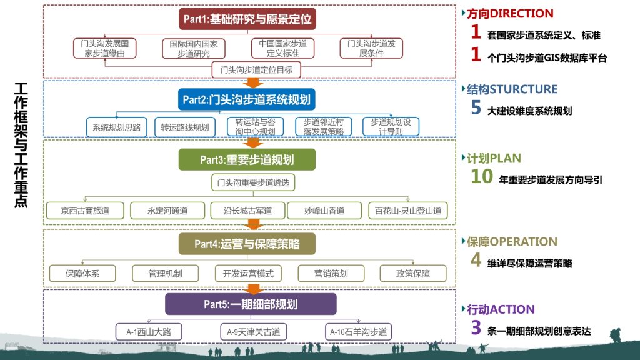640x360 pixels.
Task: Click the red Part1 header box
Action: click(247, 19)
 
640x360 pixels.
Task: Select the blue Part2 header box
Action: click(246, 99)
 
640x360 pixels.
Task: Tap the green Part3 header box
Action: click(247, 159)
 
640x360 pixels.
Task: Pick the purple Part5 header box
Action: click(251, 304)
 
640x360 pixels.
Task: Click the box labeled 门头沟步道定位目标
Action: click(256, 70)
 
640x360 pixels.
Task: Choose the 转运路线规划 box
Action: click(185, 127)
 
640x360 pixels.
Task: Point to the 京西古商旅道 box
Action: click(85, 211)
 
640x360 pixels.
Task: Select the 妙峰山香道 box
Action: click(324, 211)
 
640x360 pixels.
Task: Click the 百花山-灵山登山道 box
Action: click(408, 211)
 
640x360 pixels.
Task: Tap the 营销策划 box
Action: click(331, 274)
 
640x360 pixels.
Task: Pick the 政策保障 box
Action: click(413, 274)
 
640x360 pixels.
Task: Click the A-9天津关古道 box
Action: click(254, 332)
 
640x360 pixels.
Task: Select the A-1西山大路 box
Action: click(149, 332)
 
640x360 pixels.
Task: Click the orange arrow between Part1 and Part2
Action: click(253, 82)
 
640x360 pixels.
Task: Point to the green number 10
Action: click(482, 176)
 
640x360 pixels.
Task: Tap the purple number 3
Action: click(476, 327)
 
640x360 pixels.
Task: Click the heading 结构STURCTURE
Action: click(512, 89)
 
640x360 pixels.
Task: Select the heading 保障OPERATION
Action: click(512, 242)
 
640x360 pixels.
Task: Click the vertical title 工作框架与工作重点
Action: click(21, 145)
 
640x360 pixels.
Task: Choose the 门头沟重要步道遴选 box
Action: click(253, 182)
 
